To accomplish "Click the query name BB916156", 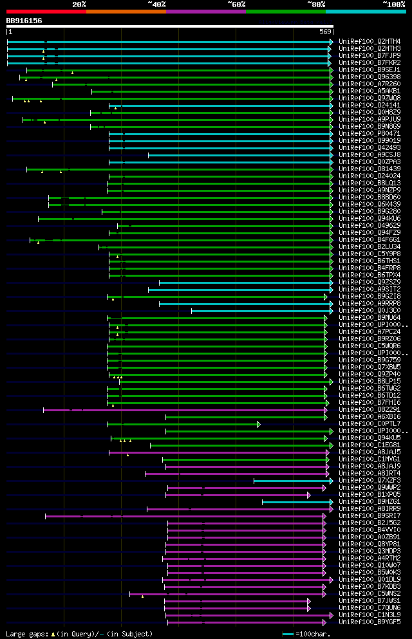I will [24, 21].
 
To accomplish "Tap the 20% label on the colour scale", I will [79, 5].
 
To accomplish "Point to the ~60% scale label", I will [236, 5].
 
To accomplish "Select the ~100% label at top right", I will [393, 5].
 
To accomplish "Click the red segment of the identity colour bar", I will [46, 12].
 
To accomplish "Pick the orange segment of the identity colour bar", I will [126, 12].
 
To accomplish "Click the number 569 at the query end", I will [325, 32].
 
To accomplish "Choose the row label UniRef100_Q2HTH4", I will [370, 42].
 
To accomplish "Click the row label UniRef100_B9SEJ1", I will [370, 70].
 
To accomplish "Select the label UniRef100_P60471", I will [370, 134].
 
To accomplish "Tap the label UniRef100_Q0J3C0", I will [370, 311].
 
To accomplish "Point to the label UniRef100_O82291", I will [370, 410].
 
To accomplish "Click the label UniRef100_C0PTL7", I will [370, 424].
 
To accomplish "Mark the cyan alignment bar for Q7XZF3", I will [293, 481].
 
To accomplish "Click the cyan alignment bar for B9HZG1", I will [297, 502].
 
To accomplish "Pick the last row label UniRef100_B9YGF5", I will [370, 622].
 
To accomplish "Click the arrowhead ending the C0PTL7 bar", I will [259, 424].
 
